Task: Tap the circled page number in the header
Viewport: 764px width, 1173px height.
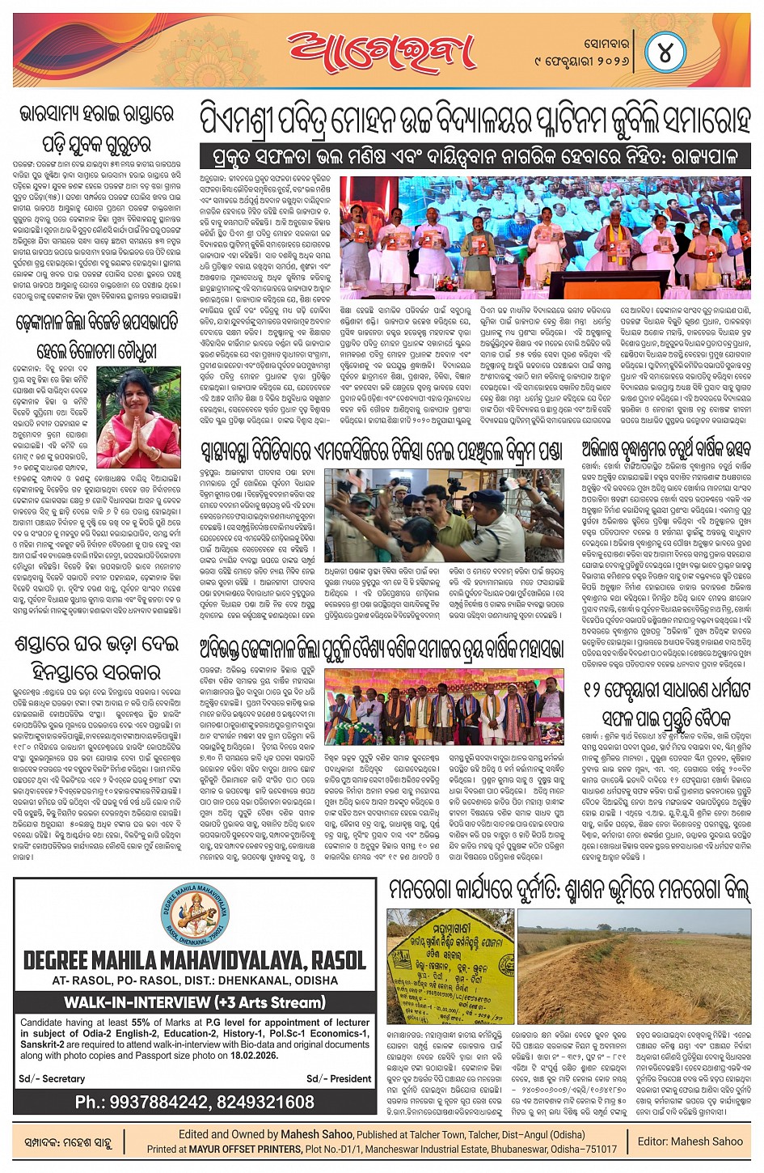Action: [x=665, y=53]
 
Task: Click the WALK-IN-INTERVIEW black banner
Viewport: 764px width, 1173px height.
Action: [x=194, y=1002]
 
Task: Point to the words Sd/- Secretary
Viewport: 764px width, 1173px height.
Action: [x=52, y=1078]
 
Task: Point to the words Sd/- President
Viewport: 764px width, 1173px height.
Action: [x=339, y=1078]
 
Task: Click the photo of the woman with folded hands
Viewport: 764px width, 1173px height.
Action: [x=138, y=417]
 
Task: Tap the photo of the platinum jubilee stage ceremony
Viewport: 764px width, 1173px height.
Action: [x=545, y=238]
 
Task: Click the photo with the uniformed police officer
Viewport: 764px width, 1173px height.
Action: [x=443, y=513]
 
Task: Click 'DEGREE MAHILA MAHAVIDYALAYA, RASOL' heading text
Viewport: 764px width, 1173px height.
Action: [x=194, y=960]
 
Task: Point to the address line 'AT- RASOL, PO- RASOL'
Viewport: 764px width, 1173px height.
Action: [x=194, y=980]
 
